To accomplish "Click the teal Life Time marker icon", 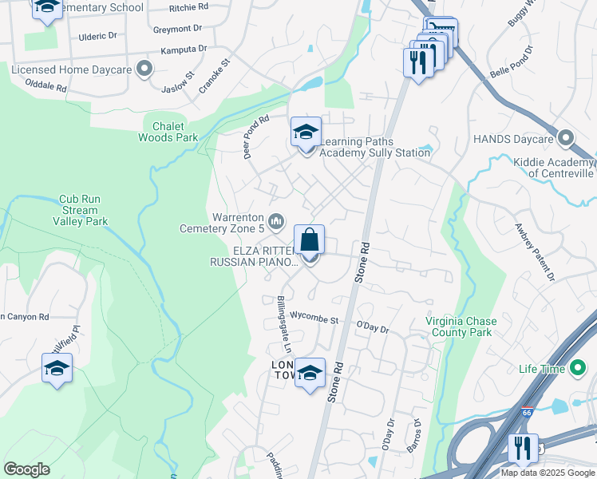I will pos(576,368).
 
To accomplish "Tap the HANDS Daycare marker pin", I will pos(566,139).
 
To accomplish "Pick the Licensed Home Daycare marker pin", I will pos(144,69).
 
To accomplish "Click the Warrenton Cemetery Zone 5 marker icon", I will pos(276,220).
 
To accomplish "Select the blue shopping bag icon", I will pos(309,239).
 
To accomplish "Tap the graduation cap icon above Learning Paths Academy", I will pos(306,133).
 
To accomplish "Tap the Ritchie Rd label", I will pos(188,6).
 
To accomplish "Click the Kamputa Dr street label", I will pos(183,49).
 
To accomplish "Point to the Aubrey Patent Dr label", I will pos(534,253).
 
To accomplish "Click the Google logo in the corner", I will pos(26,469).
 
